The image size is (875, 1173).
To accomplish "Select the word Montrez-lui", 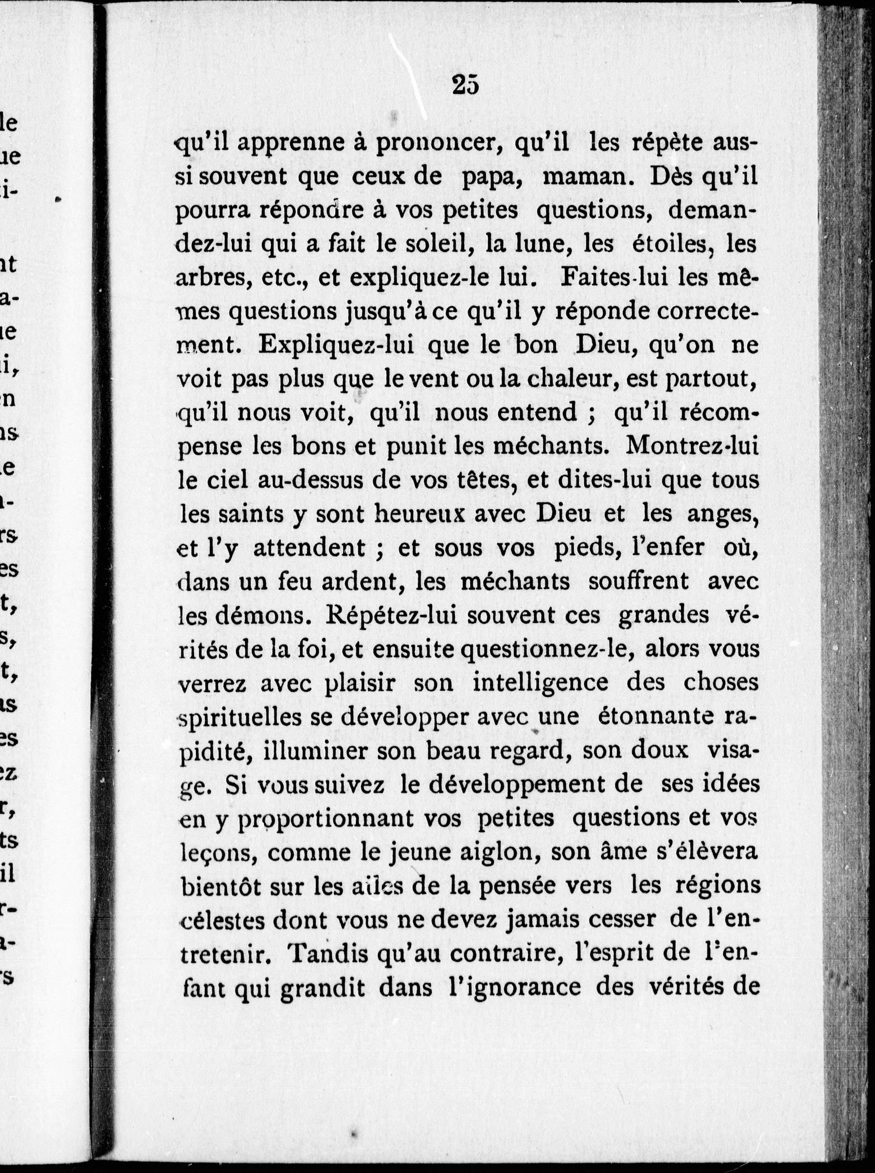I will click(x=693, y=446).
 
